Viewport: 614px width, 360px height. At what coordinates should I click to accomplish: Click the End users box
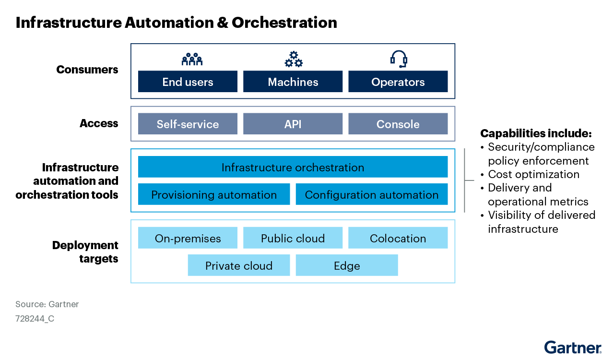[x=188, y=82]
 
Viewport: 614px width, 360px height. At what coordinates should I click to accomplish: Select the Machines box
[x=293, y=82]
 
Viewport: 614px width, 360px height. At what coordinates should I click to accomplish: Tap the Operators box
[x=398, y=82]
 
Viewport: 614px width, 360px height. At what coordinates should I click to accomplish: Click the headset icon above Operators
[x=398, y=59]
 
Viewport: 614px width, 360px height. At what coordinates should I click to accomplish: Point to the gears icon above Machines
[x=294, y=60]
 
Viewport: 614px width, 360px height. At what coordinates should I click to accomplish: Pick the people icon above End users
[x=192, y=60]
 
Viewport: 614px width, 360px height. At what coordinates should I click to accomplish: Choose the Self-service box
[x=188, y=124]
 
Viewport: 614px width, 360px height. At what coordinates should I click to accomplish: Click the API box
[x=293, y=124]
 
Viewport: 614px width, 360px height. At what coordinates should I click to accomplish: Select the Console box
[x=398, y=124]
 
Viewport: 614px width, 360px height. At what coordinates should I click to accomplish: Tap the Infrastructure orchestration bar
[x=293, y=167]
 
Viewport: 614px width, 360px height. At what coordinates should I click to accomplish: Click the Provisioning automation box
[x=214, y=194]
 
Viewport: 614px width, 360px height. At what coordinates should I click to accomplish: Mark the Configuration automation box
[x=372, y=194]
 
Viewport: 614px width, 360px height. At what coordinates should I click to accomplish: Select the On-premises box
[x=188, y=238]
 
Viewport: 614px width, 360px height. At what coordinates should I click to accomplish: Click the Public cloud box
[x=293, y=238]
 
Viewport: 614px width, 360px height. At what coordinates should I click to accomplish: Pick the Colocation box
[x=398, y=238]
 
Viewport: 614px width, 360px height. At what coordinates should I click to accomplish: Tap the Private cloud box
[x=239, y=265]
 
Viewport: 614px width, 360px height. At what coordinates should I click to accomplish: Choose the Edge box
[x=347, y=265]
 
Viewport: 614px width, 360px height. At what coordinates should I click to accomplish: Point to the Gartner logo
[x=573, y=347]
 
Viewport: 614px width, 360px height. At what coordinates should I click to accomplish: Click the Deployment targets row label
[x=85, y=252]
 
